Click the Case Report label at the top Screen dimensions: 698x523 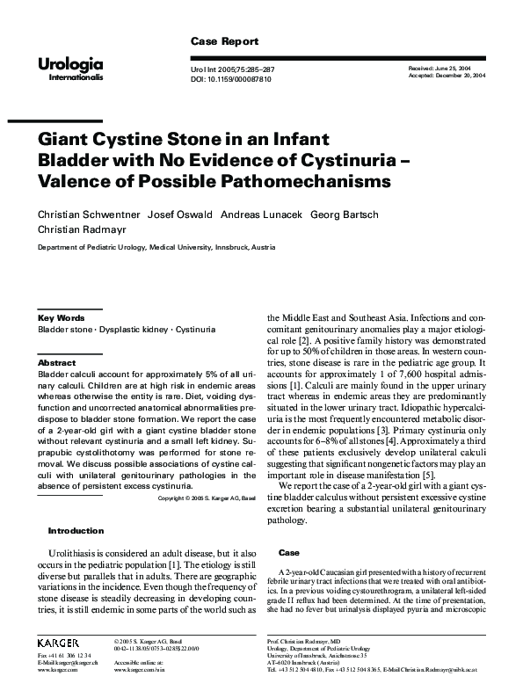tap(224, 41)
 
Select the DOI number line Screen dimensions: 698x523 tap(230, 79)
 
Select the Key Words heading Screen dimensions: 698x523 tap(61, 316)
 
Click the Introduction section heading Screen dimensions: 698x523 tap(76, 530)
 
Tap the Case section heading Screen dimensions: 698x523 tap(288, 552)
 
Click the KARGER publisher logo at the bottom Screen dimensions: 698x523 tap(58, 643)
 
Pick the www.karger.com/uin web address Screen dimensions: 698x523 tap(140, 669)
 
